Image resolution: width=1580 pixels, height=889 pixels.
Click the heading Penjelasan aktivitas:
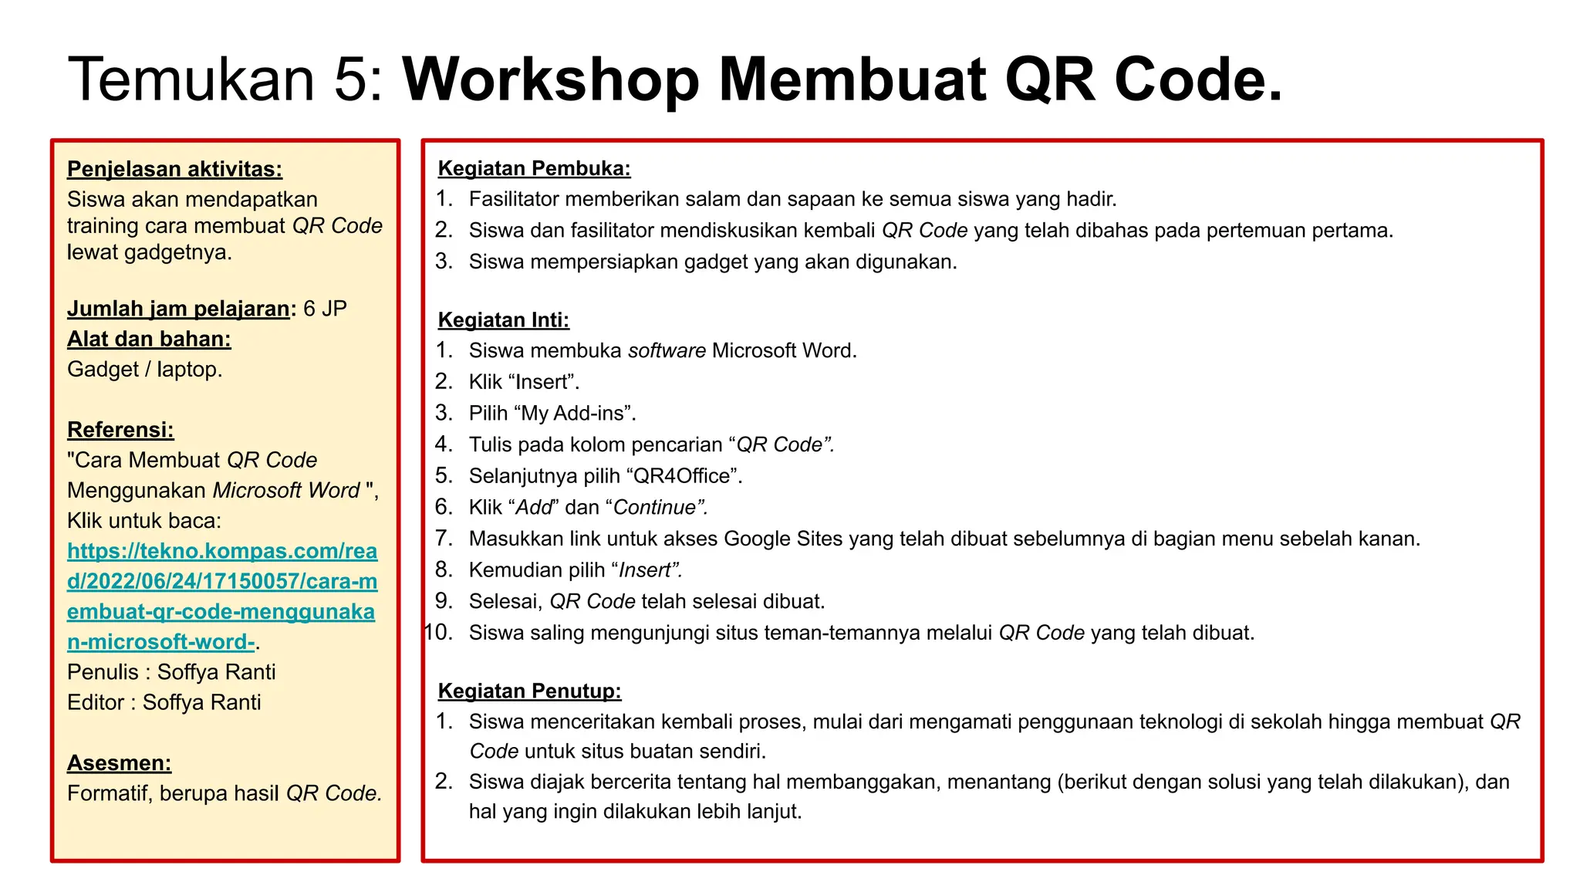click(174, 169)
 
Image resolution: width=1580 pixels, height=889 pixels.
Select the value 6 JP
click(325, 309)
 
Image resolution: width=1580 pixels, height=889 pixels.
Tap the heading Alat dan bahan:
click(149, 339)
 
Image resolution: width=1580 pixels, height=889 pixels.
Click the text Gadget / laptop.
click(144, 370)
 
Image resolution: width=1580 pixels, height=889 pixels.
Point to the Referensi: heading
click(120, 430)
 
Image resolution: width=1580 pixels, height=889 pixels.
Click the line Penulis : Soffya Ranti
click(171, 672)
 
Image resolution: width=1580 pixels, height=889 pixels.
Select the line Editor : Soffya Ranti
click(164, 702)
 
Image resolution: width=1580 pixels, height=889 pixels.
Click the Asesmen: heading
click(119, 763)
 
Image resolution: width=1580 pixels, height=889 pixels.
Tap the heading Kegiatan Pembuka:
click(534, 168)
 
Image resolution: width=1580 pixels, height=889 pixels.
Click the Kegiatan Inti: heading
click(503, 320)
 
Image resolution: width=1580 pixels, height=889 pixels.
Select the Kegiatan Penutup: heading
click(529, 691)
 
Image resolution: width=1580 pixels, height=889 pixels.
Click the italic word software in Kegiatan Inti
click(667, 351)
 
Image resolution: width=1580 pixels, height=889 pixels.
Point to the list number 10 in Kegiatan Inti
click(439, 633)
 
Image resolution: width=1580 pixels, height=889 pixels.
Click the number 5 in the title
click(351, 80)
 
